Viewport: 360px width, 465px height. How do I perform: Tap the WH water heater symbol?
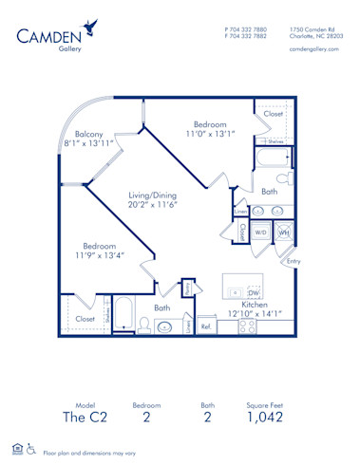(x=283, y=231)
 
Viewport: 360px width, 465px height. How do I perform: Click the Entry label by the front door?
(x=293, y=261)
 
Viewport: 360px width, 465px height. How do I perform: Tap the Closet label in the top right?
(x=274, y=113)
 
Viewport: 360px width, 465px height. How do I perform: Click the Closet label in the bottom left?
(x=85, y=320)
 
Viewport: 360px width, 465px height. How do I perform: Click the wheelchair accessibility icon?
(x=31, y=449)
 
